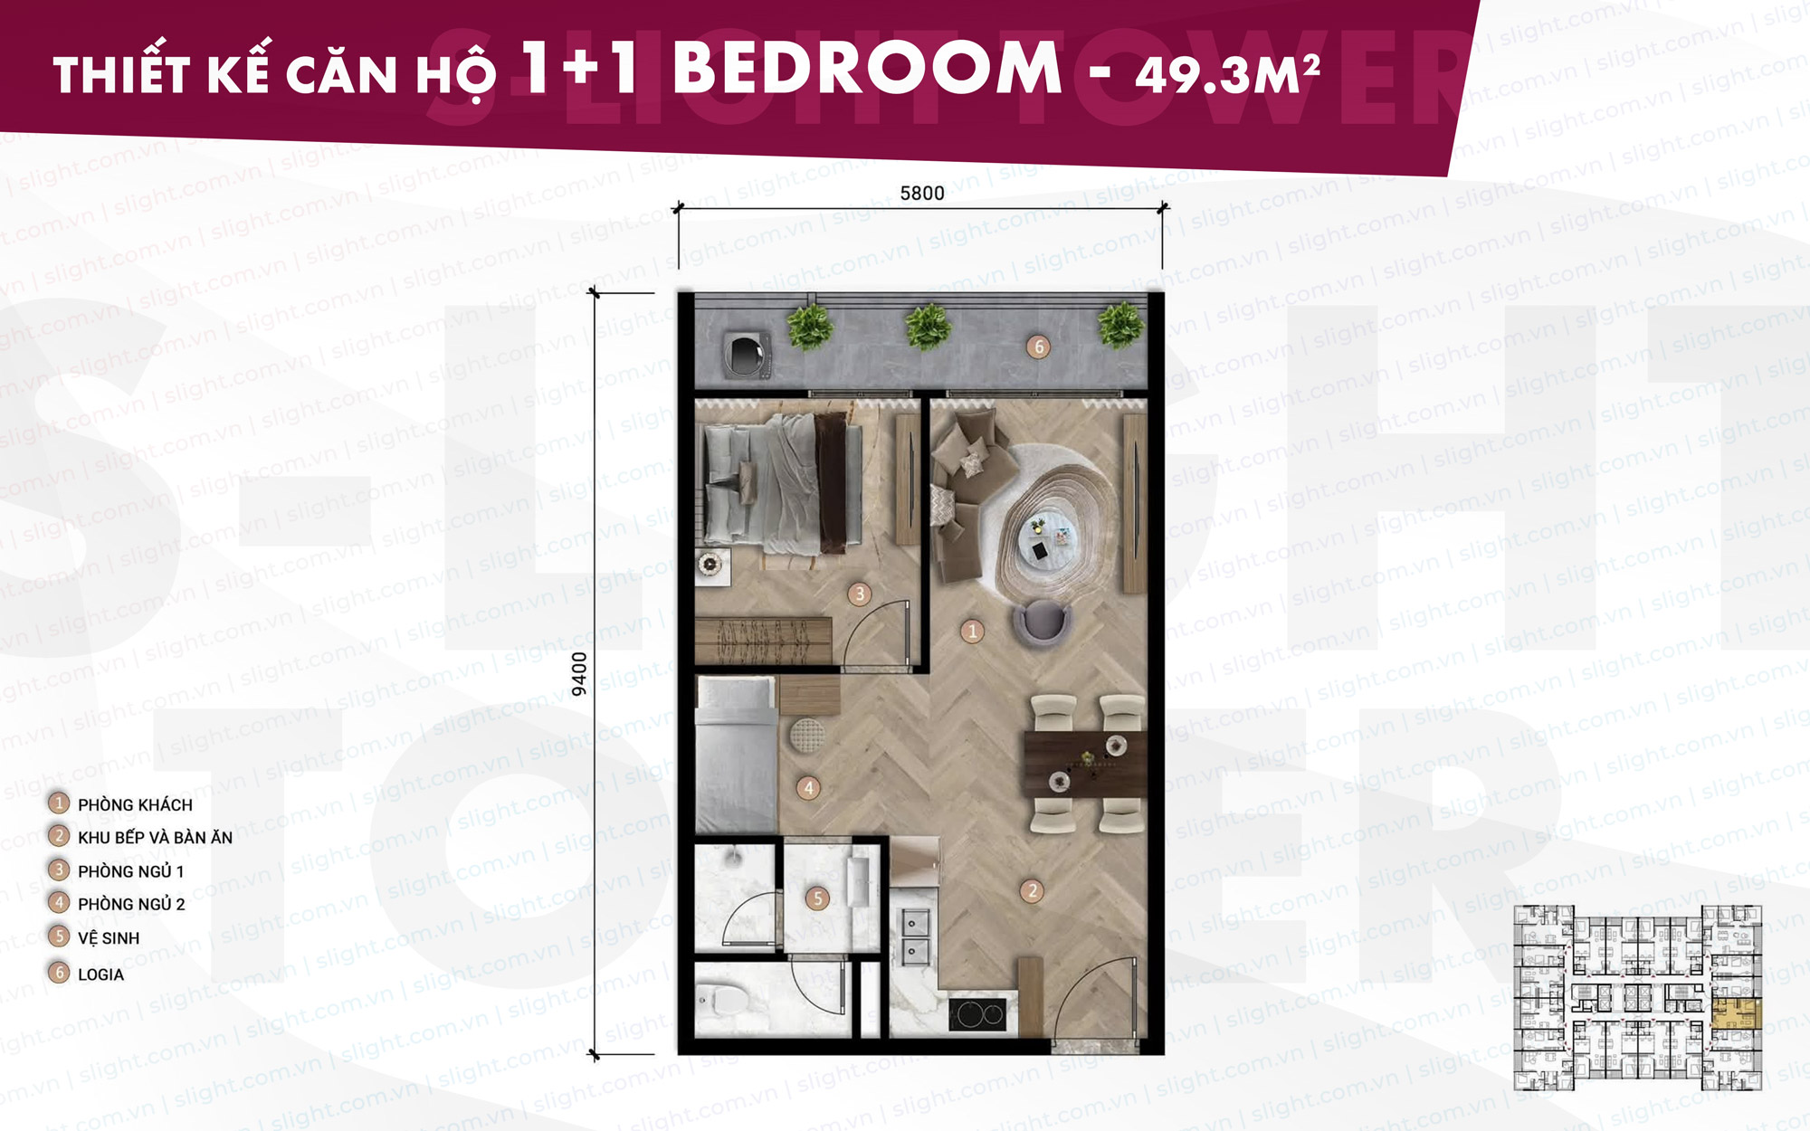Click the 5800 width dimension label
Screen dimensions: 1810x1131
tap(921, 193)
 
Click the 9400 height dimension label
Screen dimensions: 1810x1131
tap(579, 674)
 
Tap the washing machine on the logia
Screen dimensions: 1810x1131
tap(747, 353)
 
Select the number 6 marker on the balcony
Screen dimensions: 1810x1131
tap(1038, 347)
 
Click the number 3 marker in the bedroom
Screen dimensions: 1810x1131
tap(859, 594)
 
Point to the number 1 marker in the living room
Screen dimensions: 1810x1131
tap(972, 631)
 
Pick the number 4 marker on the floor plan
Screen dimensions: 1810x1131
tap(808, 787)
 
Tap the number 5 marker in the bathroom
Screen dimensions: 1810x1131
tap(817, 898)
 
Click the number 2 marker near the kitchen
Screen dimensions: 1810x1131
tap(1032, 890)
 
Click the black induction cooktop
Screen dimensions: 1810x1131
tap(977, 1014)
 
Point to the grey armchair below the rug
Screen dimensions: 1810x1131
tap(1042, 623)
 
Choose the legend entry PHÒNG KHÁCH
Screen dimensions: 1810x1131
tap(135, 804)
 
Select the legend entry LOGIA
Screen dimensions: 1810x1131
tap(100, 974)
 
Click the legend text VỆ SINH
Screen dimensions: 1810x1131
tap(109, 938)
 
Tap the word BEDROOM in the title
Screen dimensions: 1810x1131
tap(867, 68)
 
